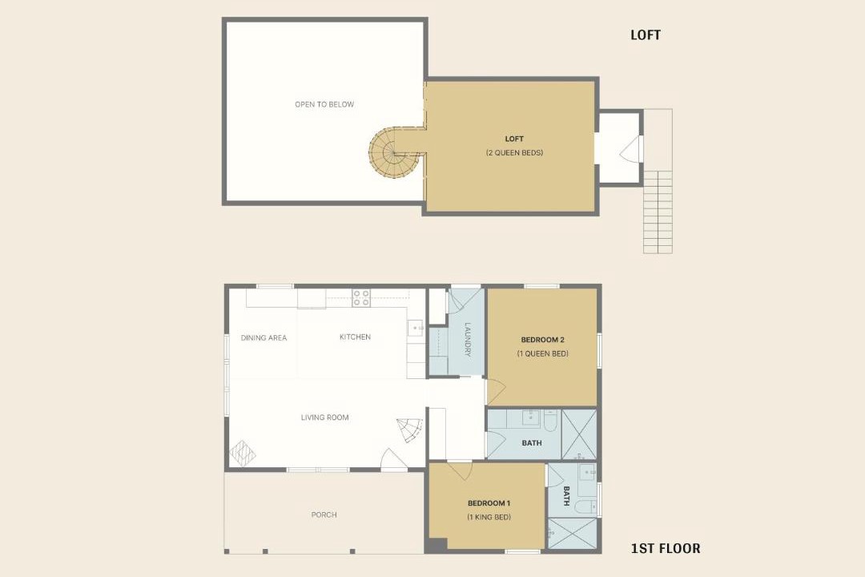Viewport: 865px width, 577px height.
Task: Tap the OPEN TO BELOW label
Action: click(324, 104)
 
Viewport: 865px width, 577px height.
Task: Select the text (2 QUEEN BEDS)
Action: click(514, 152)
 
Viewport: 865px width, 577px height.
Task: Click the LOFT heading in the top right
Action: click(646, 34)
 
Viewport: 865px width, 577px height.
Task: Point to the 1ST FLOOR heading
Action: click(666, 548)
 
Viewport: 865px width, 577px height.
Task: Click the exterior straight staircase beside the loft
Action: click(658, 181)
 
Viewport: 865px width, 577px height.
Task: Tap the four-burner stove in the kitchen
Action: click(361, 297)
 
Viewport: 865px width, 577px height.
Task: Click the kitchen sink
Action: click(416, 328)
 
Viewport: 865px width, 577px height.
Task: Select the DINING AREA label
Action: click(264, 338)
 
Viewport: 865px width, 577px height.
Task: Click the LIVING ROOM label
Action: click(325, 418)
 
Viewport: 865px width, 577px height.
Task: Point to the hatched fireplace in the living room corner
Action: click(242, 453)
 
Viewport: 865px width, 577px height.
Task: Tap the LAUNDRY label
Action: click(468, 340)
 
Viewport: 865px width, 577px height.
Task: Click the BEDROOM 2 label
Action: click(543, 340)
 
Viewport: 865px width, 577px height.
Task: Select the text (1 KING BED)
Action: click(489, 518)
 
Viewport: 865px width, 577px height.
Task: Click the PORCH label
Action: click(324, 514)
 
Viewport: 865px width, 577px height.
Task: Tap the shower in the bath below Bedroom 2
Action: click(579, 434)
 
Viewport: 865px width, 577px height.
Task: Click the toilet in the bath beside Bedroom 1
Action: click(585, 506)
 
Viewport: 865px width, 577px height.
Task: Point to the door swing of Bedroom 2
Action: click(496, 391)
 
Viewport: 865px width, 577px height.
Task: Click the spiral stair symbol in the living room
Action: click(410, 430)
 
